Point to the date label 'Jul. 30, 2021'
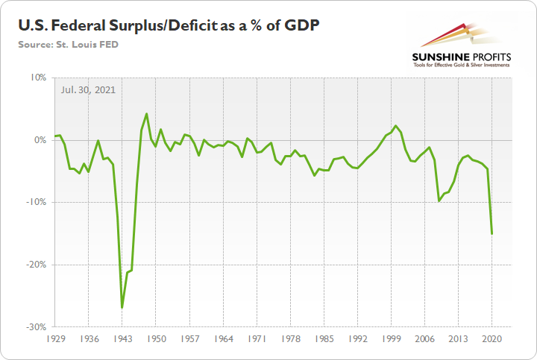pyautogui.click(x=88, y=89)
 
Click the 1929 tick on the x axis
pyautogui.click(x=54, y=338)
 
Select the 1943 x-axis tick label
pyautogui.click(x=122, y=338)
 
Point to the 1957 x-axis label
pyautogui.click(x=190, y=338)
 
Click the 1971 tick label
pyautogui.click(x=257, y=338)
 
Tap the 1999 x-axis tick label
pyautogui.click(x=392, y=338)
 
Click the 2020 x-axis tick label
pyautogui.click(x=492, y=338)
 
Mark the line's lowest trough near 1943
pyautogui.click(x=122, y=307)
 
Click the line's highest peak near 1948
pyautogui.click(x=146, y=114)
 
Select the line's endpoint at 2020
pyautogui.click(x=492, y=233)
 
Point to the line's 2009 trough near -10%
pyautogui.click(x=439, y=201)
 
